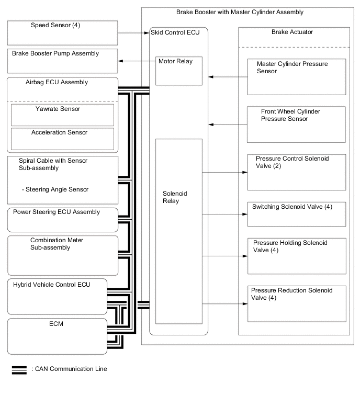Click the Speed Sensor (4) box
(62, 32)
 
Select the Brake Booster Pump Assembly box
(62, 61)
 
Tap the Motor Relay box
(179, 70)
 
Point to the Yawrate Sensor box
(62, 115)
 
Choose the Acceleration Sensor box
(62, 138)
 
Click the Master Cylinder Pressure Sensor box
(297, 76)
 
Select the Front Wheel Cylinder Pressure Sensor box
(297, 125)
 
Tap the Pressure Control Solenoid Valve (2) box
(297, 172)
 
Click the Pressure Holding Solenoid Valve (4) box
(297, 256)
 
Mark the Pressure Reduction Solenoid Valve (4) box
(297, 303)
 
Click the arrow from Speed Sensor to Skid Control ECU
(133, 33)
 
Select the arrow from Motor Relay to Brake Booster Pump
(136, 62)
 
